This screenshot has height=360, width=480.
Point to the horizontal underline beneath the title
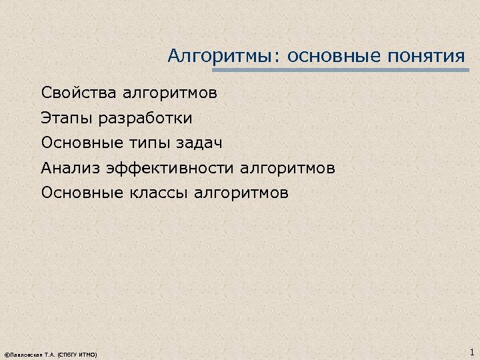(340, 69)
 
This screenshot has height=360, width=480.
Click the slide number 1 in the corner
(471, 352)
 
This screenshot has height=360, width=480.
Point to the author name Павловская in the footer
(24, 355)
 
